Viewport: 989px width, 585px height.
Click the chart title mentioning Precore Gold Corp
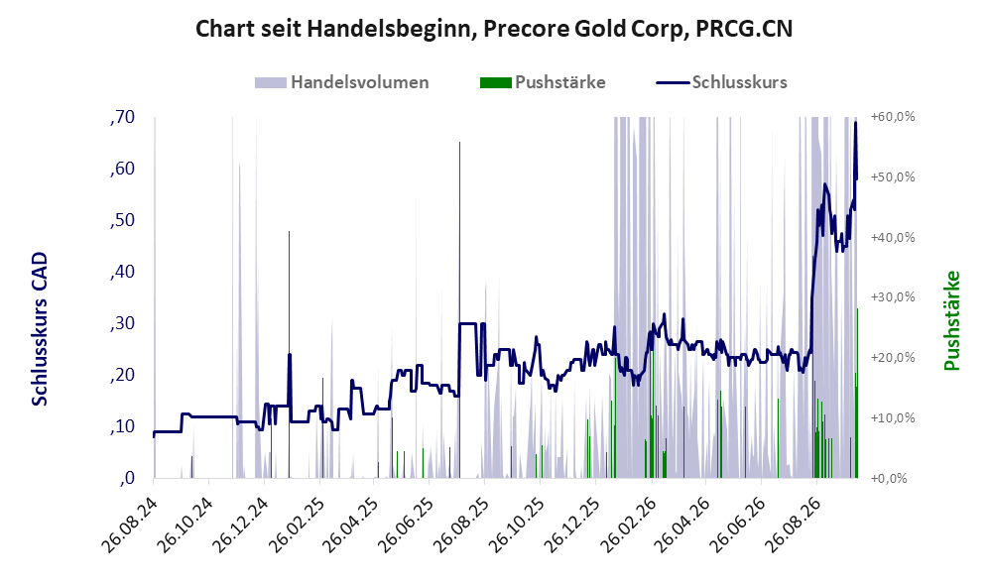pos(494,29)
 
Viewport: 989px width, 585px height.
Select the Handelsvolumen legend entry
pos(342,82)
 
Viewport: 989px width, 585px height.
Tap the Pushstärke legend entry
pos(543,82)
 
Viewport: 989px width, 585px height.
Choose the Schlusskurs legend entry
pos(721,82)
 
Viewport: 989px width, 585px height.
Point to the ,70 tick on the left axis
pos(122,117)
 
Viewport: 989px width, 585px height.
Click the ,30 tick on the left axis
pos(122,323)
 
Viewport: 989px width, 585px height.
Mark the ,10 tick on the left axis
pos(122,426)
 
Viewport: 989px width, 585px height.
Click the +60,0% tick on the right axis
pos(893,117)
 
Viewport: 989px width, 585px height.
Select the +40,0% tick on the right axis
pos(893,237)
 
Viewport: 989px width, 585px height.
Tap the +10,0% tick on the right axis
pos(893,418)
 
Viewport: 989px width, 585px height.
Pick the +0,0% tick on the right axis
pos(889,479)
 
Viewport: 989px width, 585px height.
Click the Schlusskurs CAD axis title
pos(40,328)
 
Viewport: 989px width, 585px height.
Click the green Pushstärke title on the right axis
pos(951,320)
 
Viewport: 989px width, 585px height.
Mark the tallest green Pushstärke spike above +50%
pos(460,309)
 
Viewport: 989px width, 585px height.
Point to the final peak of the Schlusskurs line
pos(856,122)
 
